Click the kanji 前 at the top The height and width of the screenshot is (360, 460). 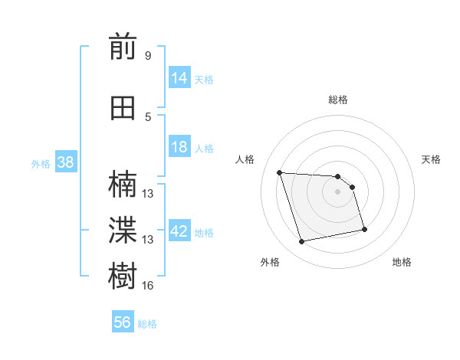click(123, 48)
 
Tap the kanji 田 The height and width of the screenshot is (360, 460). click(123, 108)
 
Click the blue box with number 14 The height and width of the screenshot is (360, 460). click(179, 78)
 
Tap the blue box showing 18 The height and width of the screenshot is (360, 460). click(179, 147)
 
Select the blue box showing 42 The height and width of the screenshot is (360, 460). click(179, 231)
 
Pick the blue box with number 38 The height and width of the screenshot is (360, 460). click(65, 162)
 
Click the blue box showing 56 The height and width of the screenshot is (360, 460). click(123, 322)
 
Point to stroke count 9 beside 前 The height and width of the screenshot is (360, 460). click(147, 56)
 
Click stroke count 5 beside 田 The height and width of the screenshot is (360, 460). click(147, 116)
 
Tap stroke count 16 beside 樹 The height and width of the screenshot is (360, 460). click(147, 285)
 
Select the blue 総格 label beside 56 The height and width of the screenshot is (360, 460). click(147, 324)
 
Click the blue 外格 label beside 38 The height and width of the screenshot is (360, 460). click(40, 163)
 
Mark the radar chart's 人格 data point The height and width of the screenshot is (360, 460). click(280, 172)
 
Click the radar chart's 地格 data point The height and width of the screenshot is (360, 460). click(364, 229)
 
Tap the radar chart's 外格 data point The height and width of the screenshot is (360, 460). click(302, 242)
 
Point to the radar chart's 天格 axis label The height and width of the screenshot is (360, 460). click(431, 159)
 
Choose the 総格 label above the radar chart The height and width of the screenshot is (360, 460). click(338, 100)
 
